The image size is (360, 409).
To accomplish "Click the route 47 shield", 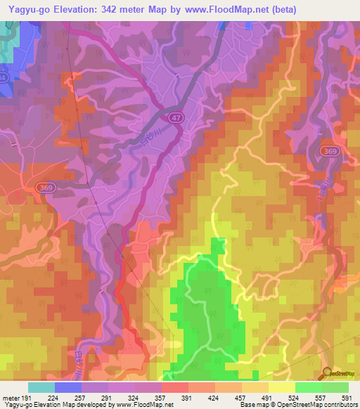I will [178, 120].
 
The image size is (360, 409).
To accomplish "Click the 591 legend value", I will [347, 397].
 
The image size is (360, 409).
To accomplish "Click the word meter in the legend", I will [11, 397].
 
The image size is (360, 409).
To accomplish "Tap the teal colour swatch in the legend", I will [41, 387].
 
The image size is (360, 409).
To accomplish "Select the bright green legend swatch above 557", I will [309, 387].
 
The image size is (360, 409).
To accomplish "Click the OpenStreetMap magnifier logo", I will [328, 372].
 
